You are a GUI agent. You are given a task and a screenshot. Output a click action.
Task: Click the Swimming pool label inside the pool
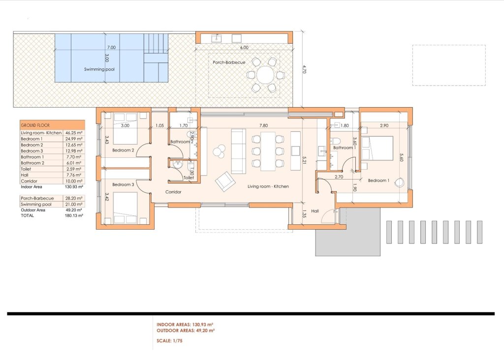pos(99,69)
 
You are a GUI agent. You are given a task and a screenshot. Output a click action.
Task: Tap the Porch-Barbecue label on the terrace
pos(229,62)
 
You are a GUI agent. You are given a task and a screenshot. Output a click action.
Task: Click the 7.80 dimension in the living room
pos(264,125)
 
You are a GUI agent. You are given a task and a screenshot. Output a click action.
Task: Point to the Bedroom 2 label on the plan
pos(123,150)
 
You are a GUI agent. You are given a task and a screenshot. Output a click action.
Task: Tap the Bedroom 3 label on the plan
pos(123,184)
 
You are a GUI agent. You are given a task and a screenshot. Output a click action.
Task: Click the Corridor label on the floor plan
pos(173,192)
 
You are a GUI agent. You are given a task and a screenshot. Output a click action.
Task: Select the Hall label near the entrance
pos(315,211)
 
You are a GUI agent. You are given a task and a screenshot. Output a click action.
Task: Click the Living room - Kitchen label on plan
pos(268,186)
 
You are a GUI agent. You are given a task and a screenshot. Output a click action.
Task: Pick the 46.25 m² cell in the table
pos(74,133)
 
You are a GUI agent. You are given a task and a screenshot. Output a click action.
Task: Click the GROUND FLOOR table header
pos(35,125)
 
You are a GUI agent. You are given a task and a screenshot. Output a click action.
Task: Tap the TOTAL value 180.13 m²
pos(74,215)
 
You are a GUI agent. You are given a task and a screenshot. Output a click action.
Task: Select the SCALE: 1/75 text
pos(169,341)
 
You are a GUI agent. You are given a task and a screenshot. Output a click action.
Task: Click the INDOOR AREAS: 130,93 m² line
pos(185,325)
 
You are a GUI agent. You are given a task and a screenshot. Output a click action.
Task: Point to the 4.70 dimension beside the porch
pos(304,69)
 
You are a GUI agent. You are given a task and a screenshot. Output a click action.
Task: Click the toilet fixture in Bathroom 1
pos(336,140)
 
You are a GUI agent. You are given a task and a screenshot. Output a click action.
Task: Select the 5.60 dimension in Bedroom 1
pos(401,157)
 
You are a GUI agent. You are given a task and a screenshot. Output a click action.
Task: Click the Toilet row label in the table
pos(26,169)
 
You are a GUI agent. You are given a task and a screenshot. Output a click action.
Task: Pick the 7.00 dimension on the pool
pos(111,47)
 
